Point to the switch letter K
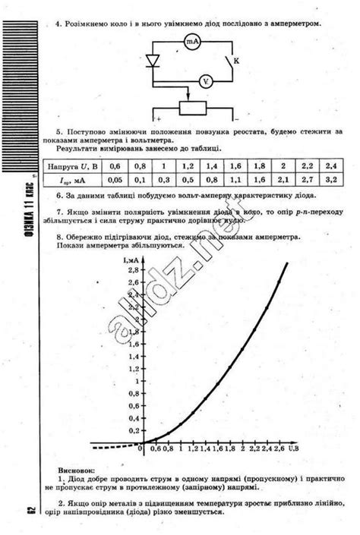(x=236, y=59)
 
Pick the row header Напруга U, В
(x=74, y=165)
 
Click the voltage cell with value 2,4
(x=329, y=165)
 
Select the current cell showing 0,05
(x=115, y=181)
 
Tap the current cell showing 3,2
(x=329, y=181)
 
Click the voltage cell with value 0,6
(x=115, y=165)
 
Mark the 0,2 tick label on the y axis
(x=133, y=430)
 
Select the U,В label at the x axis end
(x=292, y=450)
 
